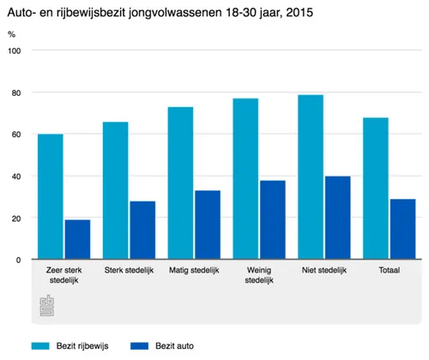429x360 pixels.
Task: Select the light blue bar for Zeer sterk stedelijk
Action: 50,196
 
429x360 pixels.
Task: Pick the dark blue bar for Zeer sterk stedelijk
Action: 77,239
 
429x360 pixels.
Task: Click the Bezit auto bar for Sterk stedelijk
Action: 142,230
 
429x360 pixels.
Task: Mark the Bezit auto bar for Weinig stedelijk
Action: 273,219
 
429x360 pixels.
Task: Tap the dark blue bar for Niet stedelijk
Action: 338,218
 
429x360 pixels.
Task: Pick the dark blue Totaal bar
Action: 403,229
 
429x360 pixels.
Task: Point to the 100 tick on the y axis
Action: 14,51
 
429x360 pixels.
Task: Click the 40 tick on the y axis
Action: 15,176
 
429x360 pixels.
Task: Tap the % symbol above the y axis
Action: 11,34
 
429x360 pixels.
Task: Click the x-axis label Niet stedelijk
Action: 324,270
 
